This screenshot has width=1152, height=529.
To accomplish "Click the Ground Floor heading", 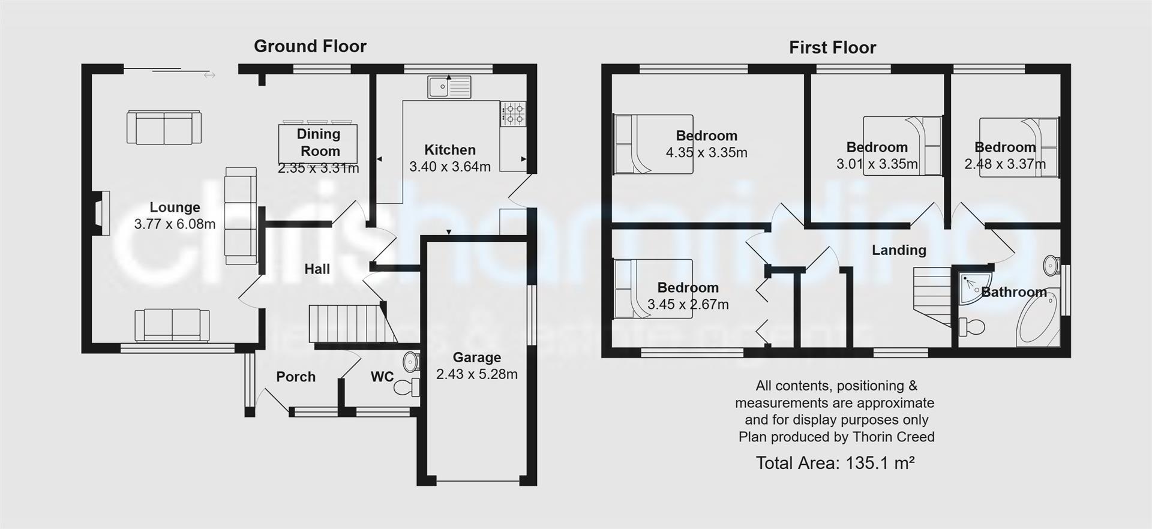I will coord(310,46).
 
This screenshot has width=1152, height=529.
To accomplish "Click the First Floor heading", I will coord(832,47).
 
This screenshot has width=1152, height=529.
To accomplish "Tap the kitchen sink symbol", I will coord(449,87).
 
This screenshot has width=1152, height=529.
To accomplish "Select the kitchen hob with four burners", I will coord(513,113).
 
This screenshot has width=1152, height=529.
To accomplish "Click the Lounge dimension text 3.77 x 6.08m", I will coord(175,224).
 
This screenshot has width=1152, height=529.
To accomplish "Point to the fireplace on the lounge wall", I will coord(101,213).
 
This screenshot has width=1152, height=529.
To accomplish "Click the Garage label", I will coord(476,357).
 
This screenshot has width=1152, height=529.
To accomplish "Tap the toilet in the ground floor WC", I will coord(408,387).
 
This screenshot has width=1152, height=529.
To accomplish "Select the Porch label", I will coord(296,377).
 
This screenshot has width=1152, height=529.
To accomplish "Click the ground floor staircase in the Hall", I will coord(344,324).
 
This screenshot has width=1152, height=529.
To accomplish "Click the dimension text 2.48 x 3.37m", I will coord(1005,164).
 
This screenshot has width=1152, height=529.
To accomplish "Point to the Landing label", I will coord(899,250).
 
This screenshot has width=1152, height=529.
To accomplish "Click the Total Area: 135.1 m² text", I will coord(835,463).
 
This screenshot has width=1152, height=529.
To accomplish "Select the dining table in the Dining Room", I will coord(318,144).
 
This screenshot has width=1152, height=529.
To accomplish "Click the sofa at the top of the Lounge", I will coord(164,127).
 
